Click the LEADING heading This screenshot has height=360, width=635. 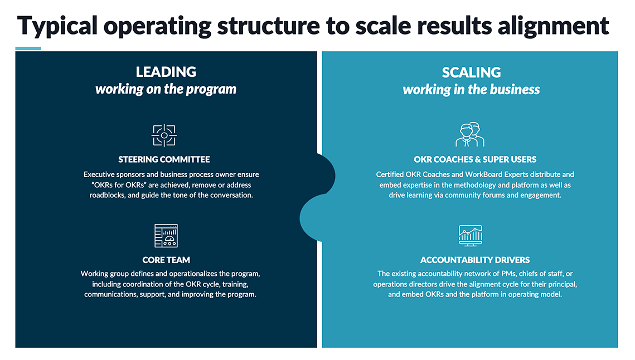pyautogui.click(x=166, y=72)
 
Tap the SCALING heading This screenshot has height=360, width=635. pyautogui.click(x=471, y=72)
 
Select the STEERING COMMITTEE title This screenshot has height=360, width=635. pyautogui.click(x=164, y=159)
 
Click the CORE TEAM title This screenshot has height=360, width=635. pyautogui.click(x=166, y=260)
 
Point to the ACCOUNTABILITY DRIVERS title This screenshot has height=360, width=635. pyautogui.click(x=474, y=260)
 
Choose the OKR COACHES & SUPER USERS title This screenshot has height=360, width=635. pyautogui.click(x=474, y=159)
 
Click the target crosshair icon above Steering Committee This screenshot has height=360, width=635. pyautogui.click(x=164, y=135)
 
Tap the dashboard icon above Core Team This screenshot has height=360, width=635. pyautogui.click(x=166, y=235)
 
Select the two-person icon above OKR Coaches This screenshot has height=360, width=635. pyautogui.click(x=470, y=134)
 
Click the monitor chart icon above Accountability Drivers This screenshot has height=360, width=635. pyautogui.click(x=470, y=235)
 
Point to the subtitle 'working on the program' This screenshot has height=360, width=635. pyautogui.click(x=166, y=89)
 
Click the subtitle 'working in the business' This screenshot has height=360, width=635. pyautogui.click(x=471, y=90)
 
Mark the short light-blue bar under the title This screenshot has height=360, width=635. pyautogui.click(x=28, y=48)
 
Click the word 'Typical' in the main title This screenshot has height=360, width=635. pyautogui.click(x=57, y=26)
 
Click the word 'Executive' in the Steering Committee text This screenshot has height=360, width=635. pyautogui.click(x=97, y=174)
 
